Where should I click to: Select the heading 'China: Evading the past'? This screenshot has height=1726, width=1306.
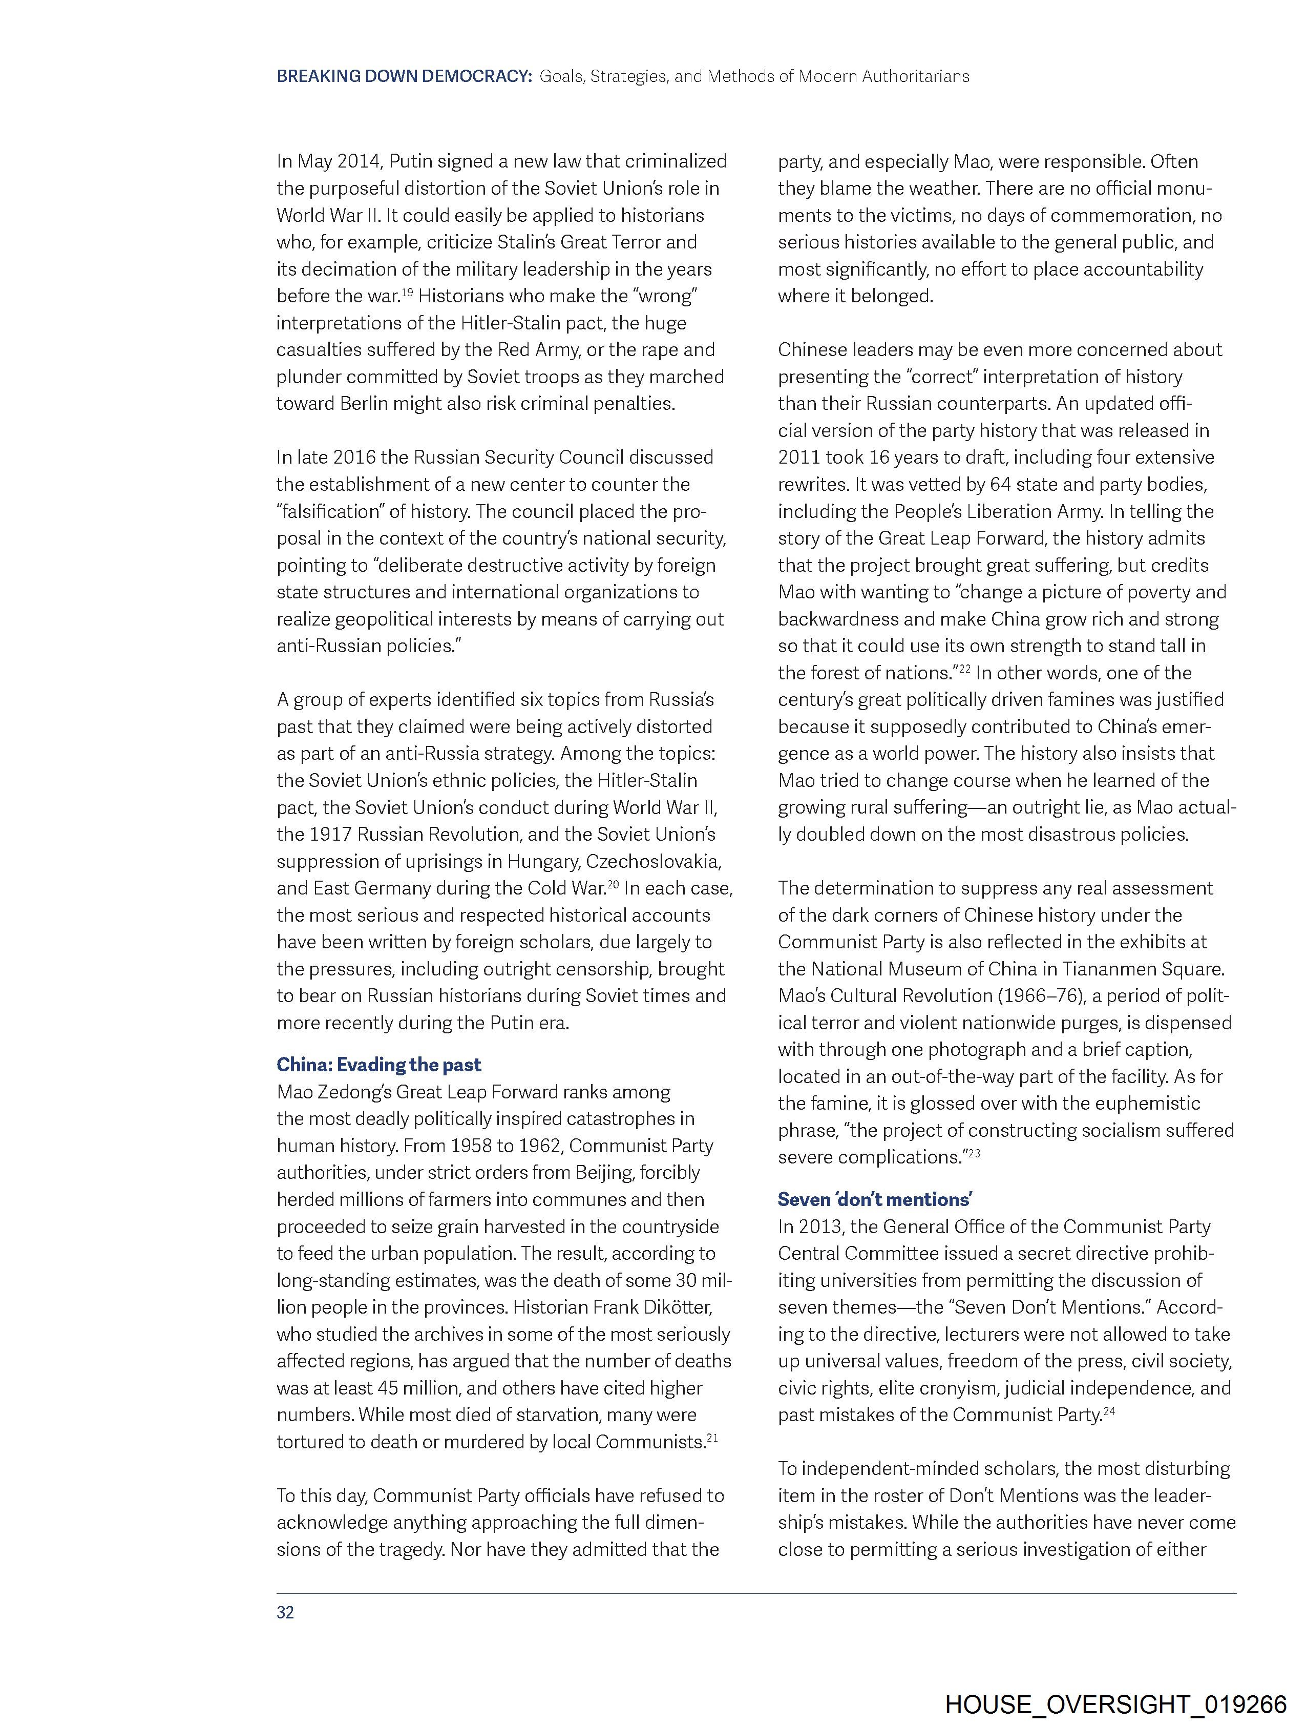[378, 1064]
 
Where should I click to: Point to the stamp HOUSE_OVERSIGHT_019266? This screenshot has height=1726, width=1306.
[1115, 1704]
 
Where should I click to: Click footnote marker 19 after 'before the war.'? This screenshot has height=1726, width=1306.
[407, 291]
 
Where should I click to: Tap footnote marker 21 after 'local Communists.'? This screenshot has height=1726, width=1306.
[711, 1437]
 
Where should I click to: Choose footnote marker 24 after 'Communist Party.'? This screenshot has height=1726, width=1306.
[1109, 1410]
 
